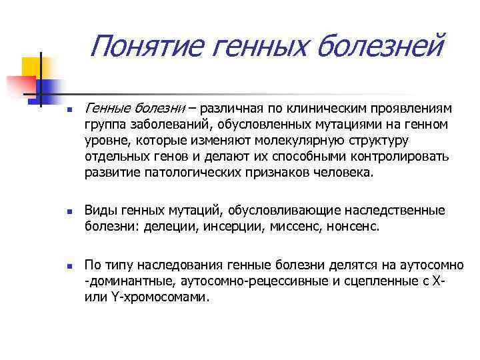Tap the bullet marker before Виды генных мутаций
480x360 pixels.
pyautogui.click(x=59, y=212)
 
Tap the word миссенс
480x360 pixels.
pyautogui.click(x=291, y=227)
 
